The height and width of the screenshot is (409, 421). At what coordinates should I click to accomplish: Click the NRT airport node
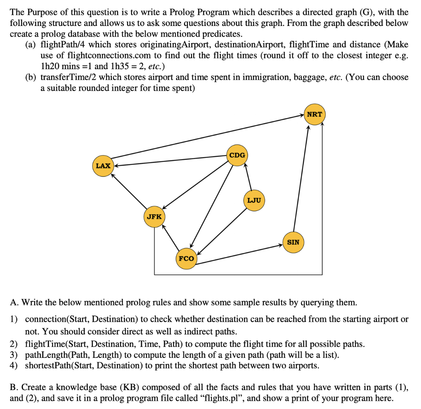315,114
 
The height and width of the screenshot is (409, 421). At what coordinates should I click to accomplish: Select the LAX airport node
103,166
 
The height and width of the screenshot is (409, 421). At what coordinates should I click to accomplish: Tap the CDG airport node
237,155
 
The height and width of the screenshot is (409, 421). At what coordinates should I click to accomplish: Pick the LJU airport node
254,201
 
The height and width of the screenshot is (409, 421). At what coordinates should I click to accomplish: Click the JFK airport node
154,216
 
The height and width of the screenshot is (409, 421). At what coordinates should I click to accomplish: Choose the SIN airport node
293,242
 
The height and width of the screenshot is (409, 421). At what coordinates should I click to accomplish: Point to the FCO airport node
186,259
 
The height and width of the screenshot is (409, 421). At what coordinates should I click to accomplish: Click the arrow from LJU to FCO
220,231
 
